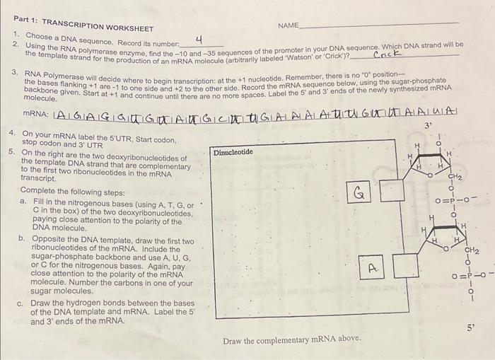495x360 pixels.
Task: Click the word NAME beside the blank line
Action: pyautogui.click(x=289, y=25)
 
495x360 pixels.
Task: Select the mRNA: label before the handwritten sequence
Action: pyautogui.click(x=36, y=114)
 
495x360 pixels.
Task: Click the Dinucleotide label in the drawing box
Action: pyautogui.click(x=233, y=152)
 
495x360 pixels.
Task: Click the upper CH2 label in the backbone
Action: pyautogui.click(x=455, y=175)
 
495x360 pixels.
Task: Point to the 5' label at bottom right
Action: pyautogui.click(x=472, y=327)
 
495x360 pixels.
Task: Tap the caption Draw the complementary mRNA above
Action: pyautogui.click(x=292, y=340)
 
